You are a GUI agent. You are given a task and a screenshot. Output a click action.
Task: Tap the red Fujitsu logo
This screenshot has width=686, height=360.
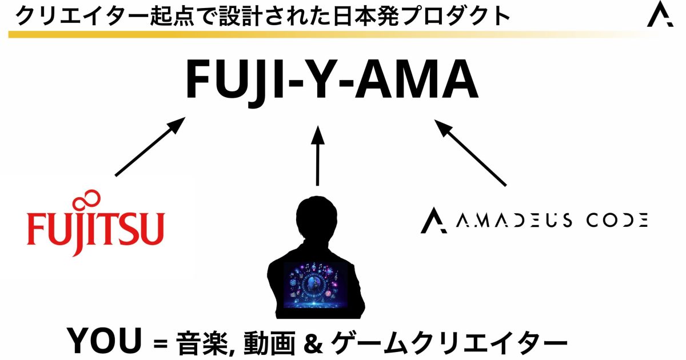[96, 226]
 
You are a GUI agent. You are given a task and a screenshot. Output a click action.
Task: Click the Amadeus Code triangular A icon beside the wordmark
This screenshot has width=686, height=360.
[433, 221]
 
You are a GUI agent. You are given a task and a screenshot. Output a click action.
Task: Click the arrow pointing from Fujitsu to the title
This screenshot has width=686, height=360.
[150, 147]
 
